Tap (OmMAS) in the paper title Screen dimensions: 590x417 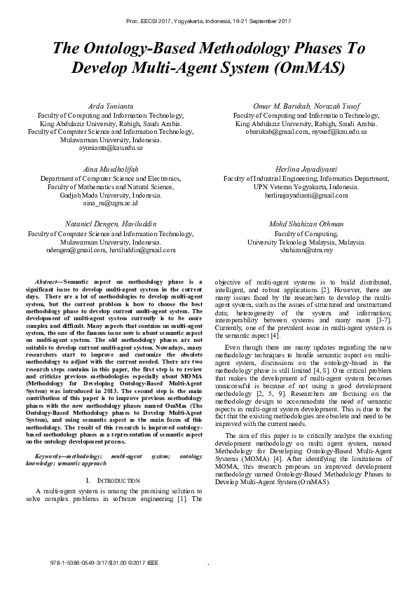311,68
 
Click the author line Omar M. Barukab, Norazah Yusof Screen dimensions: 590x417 306,105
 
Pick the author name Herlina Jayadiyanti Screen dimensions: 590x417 306,169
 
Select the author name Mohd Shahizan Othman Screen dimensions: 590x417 306,223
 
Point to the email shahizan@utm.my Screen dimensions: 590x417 306,249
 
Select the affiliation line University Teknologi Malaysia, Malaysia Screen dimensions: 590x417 306,242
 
